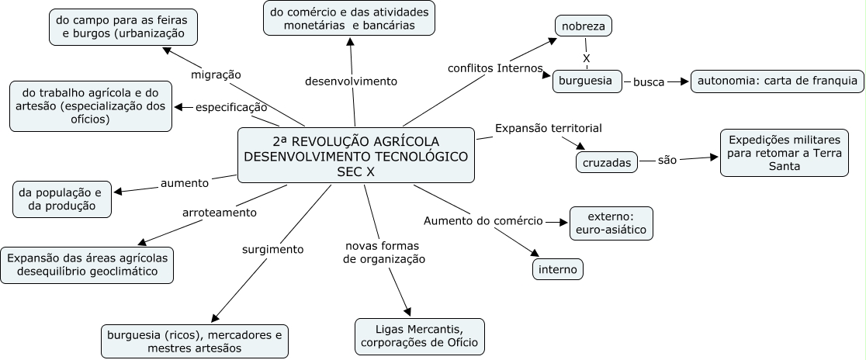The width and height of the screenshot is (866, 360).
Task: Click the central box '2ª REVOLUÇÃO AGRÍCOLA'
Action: [356, 156]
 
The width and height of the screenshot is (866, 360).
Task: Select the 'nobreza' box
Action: [584, 26]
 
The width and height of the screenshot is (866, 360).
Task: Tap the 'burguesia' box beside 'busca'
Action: [587, 81]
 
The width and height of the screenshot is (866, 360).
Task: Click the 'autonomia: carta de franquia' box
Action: [777, 81]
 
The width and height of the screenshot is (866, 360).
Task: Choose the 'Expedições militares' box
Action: [785, 153]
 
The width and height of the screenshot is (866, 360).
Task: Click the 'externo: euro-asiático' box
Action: [611, 223]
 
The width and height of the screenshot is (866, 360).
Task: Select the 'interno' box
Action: [558, 268]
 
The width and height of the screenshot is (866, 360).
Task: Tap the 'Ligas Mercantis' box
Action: [419, 336]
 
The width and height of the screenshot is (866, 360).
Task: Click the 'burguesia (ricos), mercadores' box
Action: [194, 341]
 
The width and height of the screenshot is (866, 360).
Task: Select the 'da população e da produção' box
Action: [61, 199]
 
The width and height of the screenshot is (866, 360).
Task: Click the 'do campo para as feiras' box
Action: [123, 26]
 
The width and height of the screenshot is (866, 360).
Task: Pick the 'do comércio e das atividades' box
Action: [348, 19]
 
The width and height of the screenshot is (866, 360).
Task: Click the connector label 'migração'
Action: [216, 74]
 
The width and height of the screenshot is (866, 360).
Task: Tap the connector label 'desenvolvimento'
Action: [351, 81]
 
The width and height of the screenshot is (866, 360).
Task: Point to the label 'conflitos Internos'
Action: [495, 67]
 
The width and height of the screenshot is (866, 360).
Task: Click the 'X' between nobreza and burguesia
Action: [586, 58]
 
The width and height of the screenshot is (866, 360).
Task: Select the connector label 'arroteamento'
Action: [219, 212]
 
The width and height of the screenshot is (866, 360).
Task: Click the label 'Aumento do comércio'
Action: [483, 220]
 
